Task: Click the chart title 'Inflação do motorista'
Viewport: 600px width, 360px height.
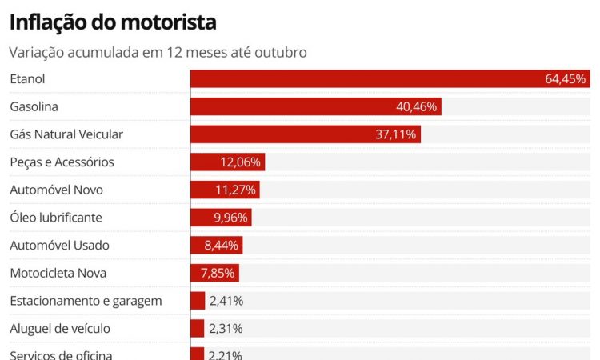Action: pyautogui.click(x=113, y=22)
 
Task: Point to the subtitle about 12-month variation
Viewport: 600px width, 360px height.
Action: pyautogui.click(x=158, y=52)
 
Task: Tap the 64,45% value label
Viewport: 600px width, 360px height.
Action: pyautogui.click(x=566, y=79)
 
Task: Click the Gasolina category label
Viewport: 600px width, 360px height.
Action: pyautogui.click(x=34, y=106)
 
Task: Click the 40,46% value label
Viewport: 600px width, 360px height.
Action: pyautogui.click(x=417, y=106)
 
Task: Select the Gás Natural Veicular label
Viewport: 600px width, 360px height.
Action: pyautogui.click(x=66, y=134)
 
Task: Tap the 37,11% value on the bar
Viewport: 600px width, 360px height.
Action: pyautogui.click(x=396, y=134)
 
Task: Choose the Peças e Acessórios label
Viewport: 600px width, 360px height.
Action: pyautogui.click(x=62, y=162)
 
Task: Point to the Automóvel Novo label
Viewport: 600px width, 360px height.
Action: pyautogui.click(x=56, y=190)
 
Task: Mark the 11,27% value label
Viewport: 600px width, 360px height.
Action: pyautogui.click(x=236, y=190)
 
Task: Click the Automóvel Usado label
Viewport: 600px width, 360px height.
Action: pyautogui.click(x=59, y=246)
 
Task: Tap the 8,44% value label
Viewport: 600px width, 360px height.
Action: pyautogui.click(x=222, y=246)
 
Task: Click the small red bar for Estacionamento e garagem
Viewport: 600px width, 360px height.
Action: pyautogui.click(x=198, y=301)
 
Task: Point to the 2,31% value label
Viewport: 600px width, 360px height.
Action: pyautogui.click(x=226, y=329)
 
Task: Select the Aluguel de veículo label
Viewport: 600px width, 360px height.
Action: pyautogui.click(x=60, y=329)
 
